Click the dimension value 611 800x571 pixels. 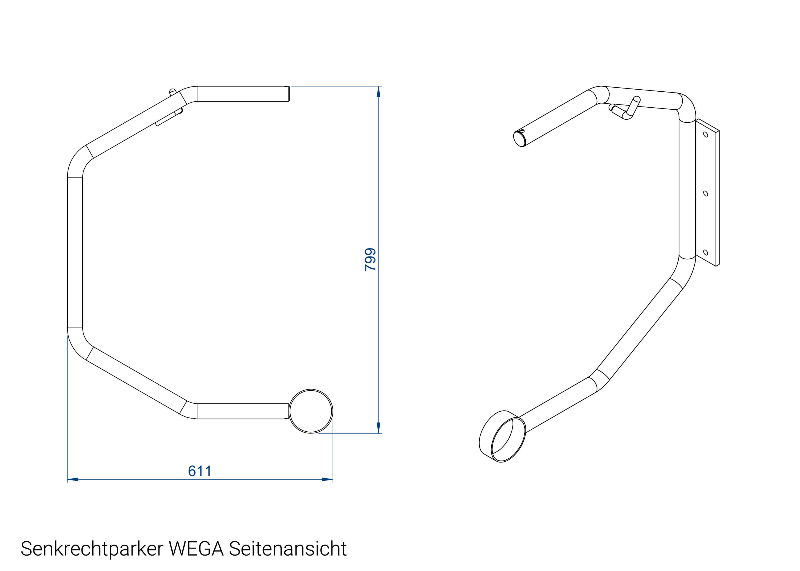click(x=199, y=471)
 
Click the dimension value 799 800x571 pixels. click(x=370, y=260)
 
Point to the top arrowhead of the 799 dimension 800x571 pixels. click(x=379, y=91)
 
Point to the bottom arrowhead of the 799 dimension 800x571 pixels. click(x=379, y=428)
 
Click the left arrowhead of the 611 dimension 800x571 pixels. click(x=73, y=479)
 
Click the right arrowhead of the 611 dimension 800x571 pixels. click(x=327, y=479)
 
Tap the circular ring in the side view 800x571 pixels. click(x=311, y=411)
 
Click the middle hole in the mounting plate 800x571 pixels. click(x=705, y=194)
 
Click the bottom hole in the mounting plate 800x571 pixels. click(x=705, y=252)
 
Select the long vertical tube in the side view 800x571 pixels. click(x=75, y=252)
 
